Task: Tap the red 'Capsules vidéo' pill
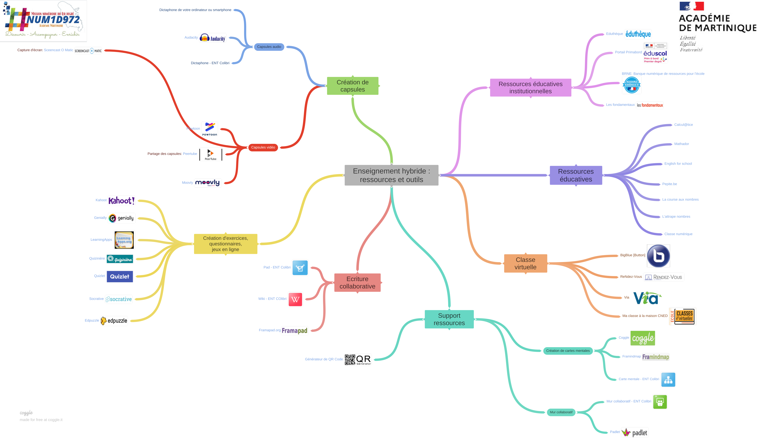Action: pyautogui.click(x=263, y=147)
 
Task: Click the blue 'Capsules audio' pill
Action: pyautogui.click(x=269, y=47)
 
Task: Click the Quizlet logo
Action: pyautogui.click(x=120, y=277)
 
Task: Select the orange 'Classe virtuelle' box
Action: pyautogui.click(x=525, y=263)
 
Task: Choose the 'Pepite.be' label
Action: pyautogui.click(x=669, y=184)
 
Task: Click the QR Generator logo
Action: pyautogui.click(x=358, y=360)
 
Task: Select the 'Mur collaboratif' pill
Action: pyautogui.click(x=561, y=412)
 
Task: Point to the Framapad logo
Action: pyautogui.click(x=294, y=330)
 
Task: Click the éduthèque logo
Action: pyautogui.click(x=638, y=34)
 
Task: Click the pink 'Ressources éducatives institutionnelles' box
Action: pyautogui.click(x=530, y=87)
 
